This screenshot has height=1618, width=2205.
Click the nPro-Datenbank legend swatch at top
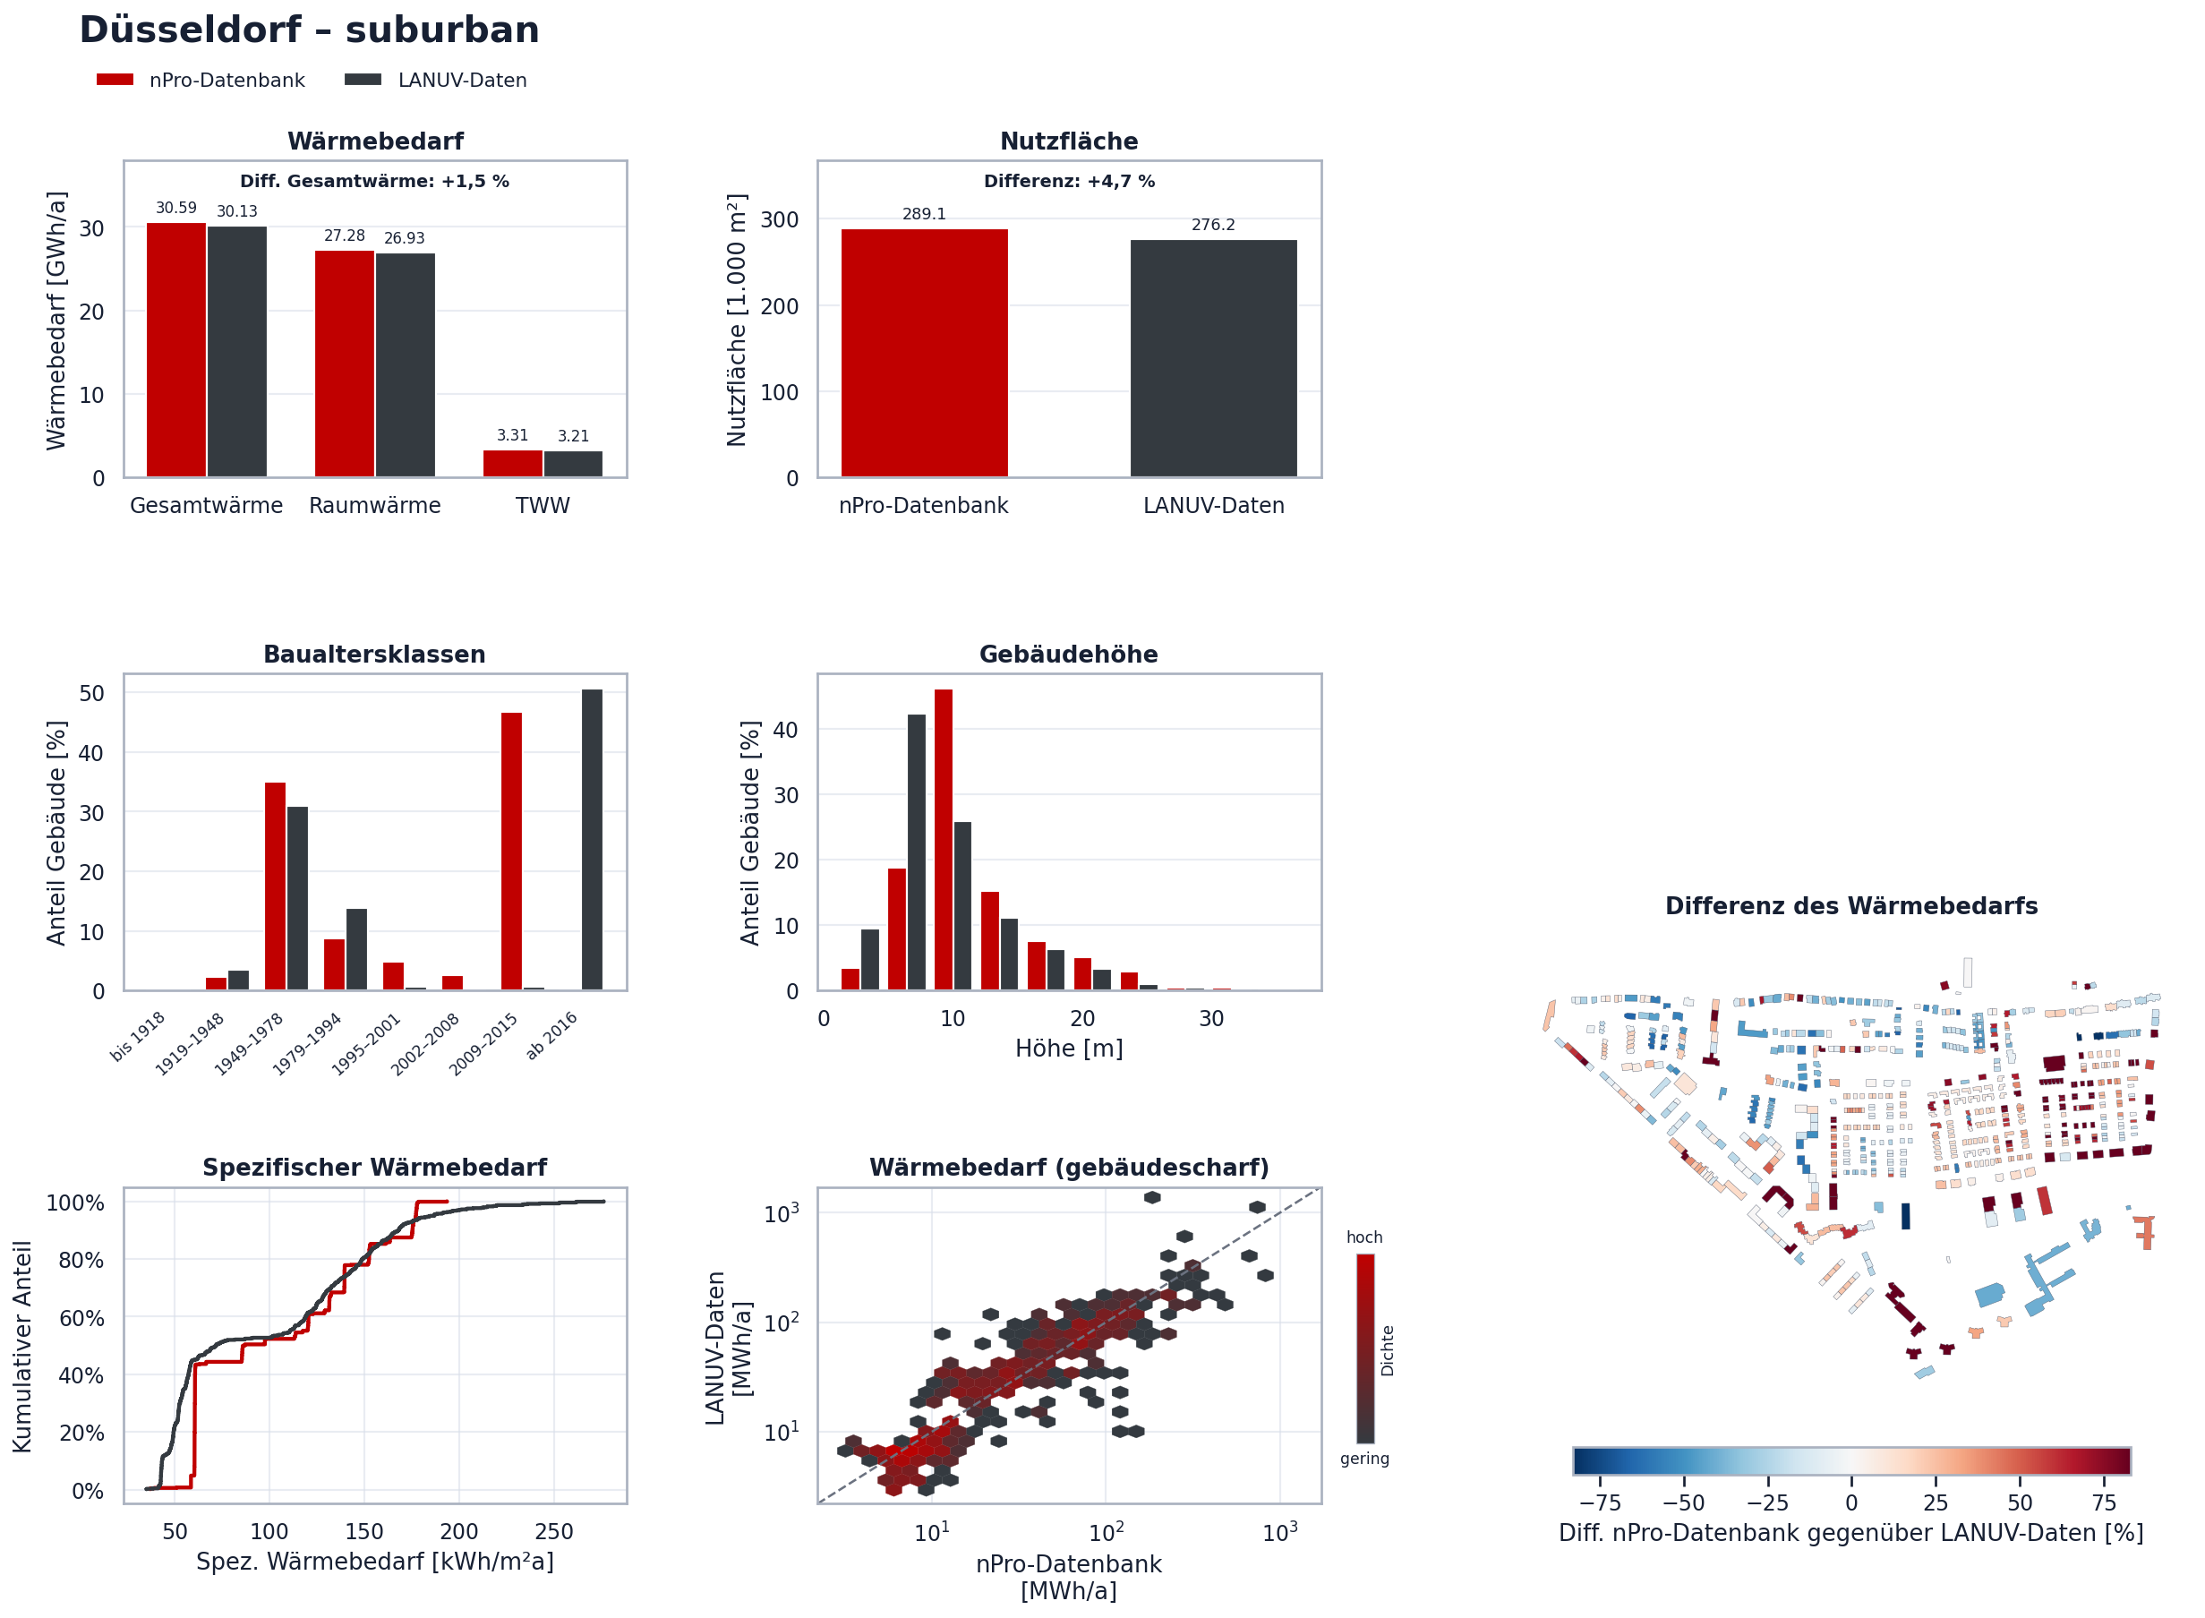coord(115,80)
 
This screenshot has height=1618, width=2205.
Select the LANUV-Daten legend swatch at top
coord(363,80)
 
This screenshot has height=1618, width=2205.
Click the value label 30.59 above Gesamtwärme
coord(176,208)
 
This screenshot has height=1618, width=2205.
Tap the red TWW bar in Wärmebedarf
coord(512,463)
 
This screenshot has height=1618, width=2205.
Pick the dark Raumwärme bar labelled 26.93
coord(406,365)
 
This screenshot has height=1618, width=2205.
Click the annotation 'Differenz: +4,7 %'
coord(1069,181)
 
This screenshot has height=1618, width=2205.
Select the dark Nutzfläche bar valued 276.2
coord(1213,358)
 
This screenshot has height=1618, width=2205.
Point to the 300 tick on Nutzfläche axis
coord(780,219)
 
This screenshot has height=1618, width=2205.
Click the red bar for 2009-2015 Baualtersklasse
coord(511,852)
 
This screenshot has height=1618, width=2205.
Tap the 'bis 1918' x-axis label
coord(138,1036)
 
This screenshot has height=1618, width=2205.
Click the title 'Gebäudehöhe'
coord(1068,655)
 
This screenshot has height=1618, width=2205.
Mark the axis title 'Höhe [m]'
coord(1069,1048)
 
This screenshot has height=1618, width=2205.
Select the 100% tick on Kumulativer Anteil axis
coord(75,1203)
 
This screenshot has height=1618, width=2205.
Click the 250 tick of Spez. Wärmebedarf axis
coord(554,1532)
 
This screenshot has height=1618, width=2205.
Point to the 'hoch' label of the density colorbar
coord(1364,1237)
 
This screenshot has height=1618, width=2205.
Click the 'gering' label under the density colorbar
coord(1365,1460)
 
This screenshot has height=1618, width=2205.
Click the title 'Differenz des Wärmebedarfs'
coord(1851,906)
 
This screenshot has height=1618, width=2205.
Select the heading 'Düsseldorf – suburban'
coord(310,30)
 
